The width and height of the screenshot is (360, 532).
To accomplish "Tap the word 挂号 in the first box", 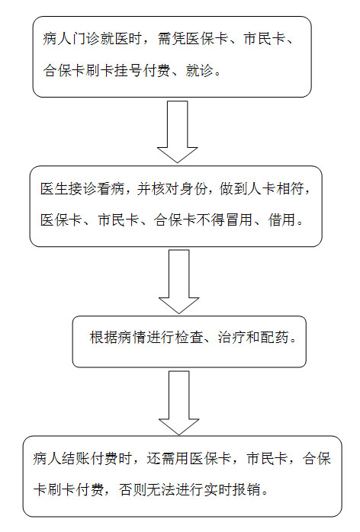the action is [x=129, y=71].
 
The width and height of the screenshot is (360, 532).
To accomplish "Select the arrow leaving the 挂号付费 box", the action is [x=177, y=132].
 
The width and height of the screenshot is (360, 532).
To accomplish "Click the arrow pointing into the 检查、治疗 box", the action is [x=179, y=281].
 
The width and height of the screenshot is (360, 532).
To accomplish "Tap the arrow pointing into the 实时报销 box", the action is [x=179, y=402].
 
